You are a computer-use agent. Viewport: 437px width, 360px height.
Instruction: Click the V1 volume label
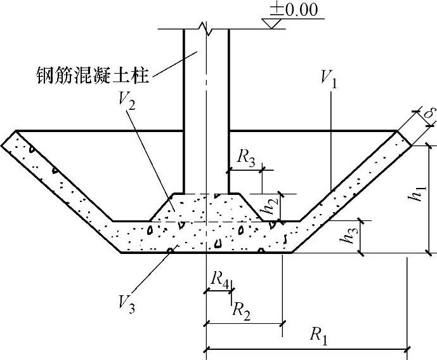click(329, 79)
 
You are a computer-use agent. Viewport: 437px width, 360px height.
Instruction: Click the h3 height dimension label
click(347, 239)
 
